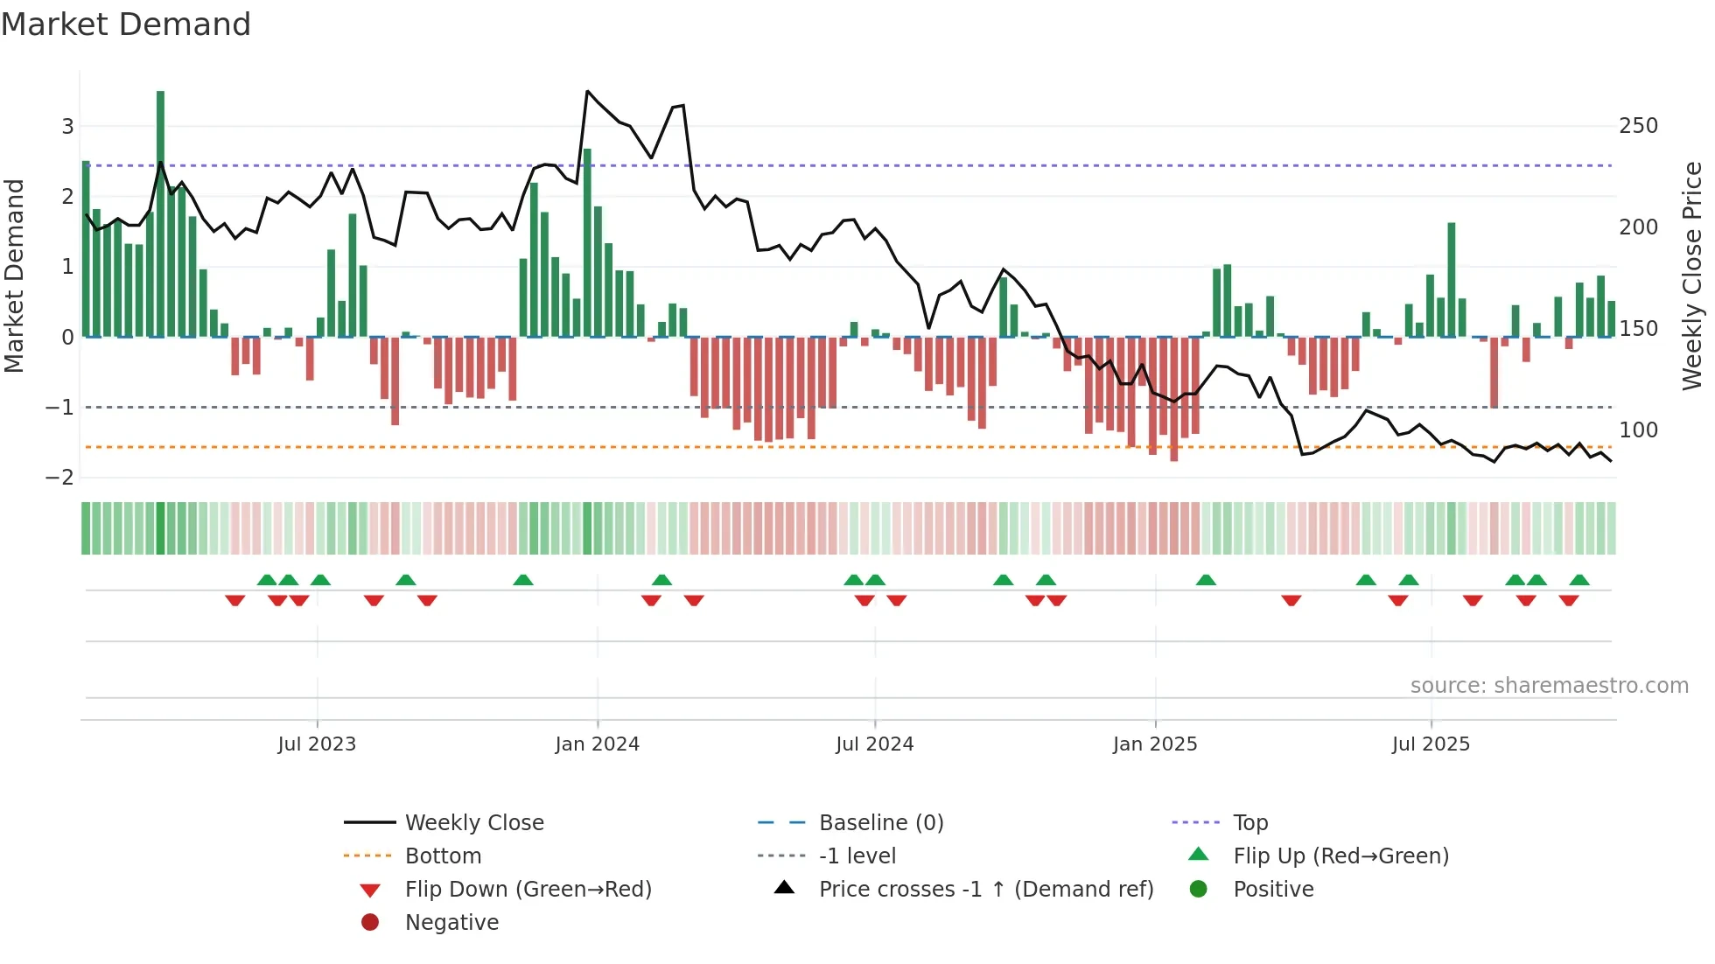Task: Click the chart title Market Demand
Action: click(x=126, y=24)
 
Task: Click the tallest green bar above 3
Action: click(x=160, y=210)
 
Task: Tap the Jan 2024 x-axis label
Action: click(x=597, y=744)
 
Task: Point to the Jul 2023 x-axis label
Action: click(x=317, y=744)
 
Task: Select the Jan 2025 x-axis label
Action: click(x=1155, y=744)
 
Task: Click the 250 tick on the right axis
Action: click(x=1638, y=126)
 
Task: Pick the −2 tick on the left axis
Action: click(x=60, y=478)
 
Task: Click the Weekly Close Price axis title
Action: click(x=1692, y=276)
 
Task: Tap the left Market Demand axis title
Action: click(x=15, y=276)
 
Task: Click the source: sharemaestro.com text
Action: click(x=1549, y=686)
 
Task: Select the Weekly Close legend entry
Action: click(x=473, y=823)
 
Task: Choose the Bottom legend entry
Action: click(x=443, y=856)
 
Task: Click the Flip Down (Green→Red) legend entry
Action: click(x=528, y=890)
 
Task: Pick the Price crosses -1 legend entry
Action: click(x=985, y=890)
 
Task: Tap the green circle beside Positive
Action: click(x=1199, y=890)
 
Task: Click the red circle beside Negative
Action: click(x=370, y=923)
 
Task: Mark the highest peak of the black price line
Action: click(x=588, y=91)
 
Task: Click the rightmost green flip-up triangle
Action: click(x=1579, y=580)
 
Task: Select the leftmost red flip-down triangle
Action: click(x=234, y=600)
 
